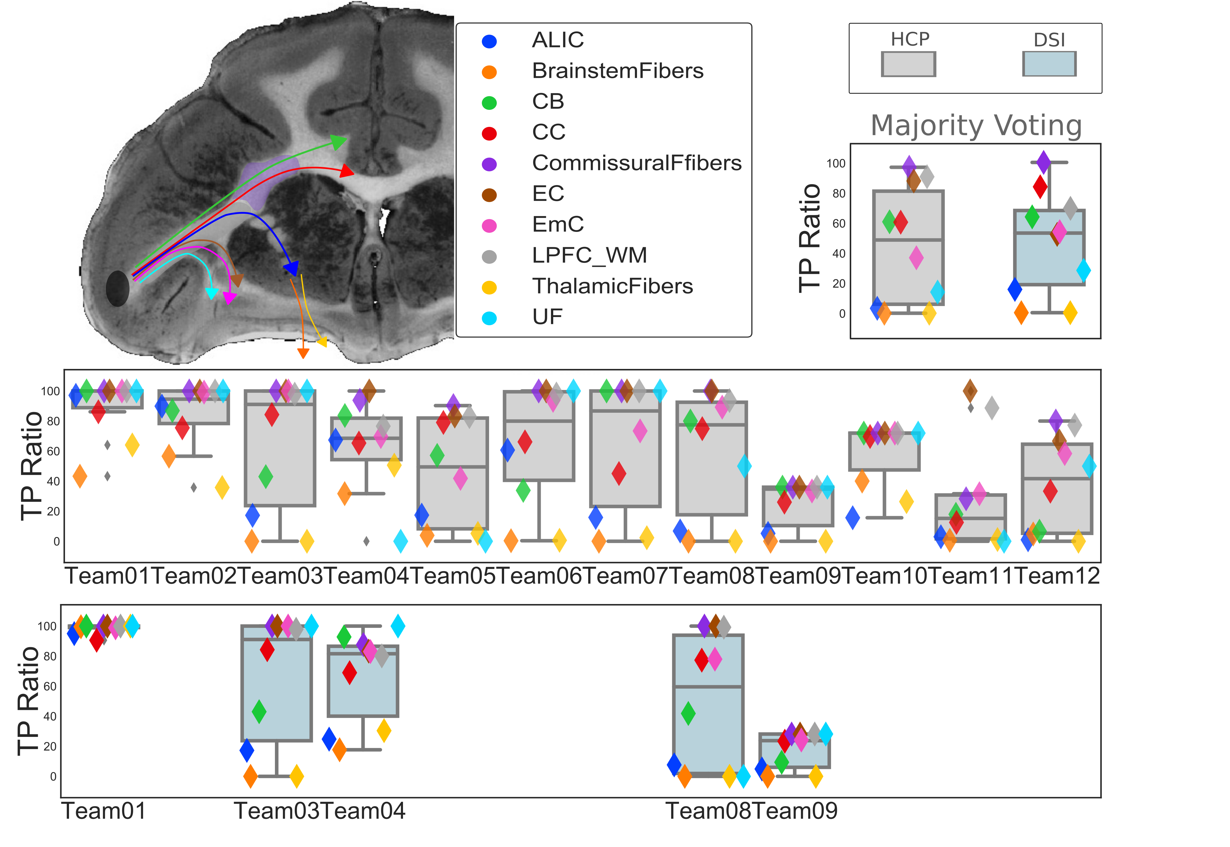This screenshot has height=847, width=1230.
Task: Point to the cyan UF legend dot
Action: pyautogui.click(x=489, y=318)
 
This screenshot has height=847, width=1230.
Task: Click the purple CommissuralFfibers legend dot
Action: pyautogui.click(x=489, y=164)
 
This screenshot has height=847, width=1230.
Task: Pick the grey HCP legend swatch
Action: pyautogui.click(x=908, y=64)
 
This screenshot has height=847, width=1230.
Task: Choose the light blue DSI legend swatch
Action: pyautogui.click(x=1049, y=64)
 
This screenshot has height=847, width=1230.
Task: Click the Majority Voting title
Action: pyautogui.click(x=976, y=126)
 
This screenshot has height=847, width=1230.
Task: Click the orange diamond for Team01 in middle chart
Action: pyautogui.click(x=80, y=475)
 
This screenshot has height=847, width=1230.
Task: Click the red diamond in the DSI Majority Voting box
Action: pyautogui.click(x=1040, y=186)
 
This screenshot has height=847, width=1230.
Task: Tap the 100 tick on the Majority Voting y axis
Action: pyautogui.click(x=836, y=163)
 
